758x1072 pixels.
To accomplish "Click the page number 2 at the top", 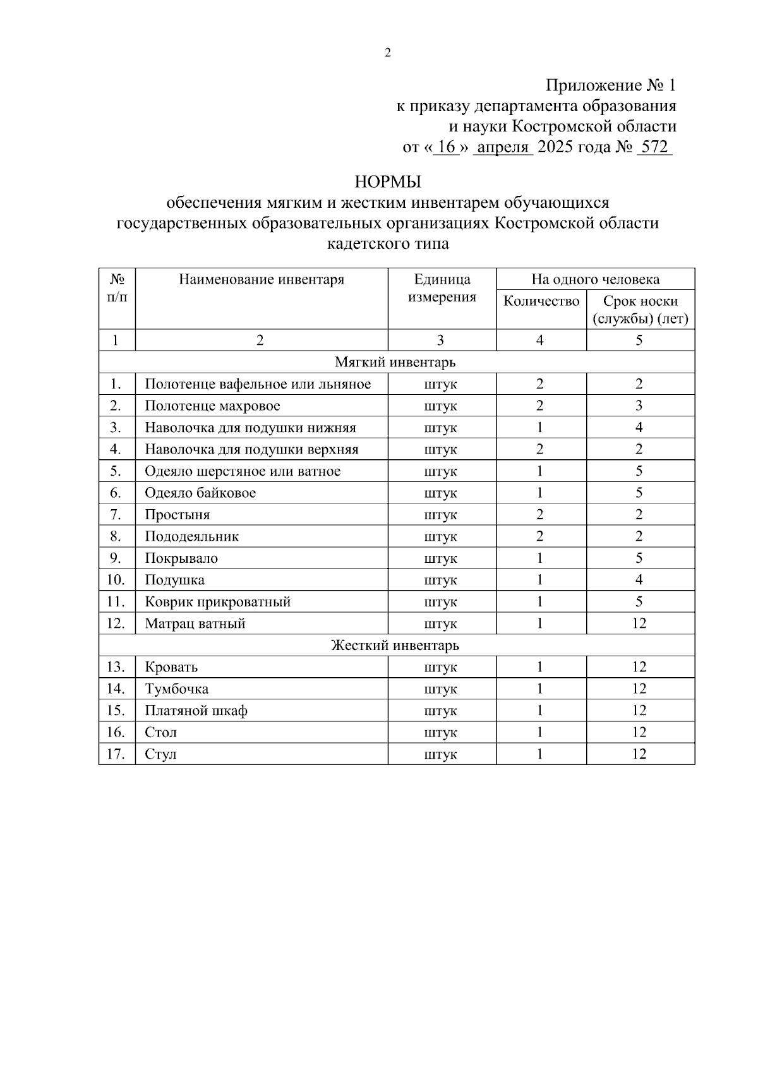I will (x=388, y=53).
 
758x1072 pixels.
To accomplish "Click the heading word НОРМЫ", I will (x=388, y=183).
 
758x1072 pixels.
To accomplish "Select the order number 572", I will (x=654, y=147).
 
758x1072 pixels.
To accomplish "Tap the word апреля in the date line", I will (x=503, y=147).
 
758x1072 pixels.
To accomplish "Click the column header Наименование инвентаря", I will (x=262, y=279).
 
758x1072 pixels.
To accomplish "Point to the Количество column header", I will (x=541, y=301).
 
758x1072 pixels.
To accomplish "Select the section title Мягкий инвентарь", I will (x=395, y=363).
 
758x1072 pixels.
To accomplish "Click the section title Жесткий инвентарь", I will (x=395, y=646).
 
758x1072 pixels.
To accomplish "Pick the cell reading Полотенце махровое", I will (x=212, y=406).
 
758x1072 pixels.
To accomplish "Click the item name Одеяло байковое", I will (x=200, y=493).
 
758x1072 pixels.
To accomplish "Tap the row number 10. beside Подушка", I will (x=116, y=580).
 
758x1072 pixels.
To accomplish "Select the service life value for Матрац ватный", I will (x=639, y=623).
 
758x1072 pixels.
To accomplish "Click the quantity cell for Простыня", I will (x=540, y=515).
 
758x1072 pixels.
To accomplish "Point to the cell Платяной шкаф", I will (x=196, y=711).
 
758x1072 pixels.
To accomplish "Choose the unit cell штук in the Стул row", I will (x=440, y=754).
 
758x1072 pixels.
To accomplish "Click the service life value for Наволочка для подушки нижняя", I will (x=639, y=428).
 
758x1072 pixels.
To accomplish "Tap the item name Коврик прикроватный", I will (x=218, y=602).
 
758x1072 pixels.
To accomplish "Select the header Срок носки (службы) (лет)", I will (x=640, y=310).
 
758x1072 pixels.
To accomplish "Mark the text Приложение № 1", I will (x=611, y=85).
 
